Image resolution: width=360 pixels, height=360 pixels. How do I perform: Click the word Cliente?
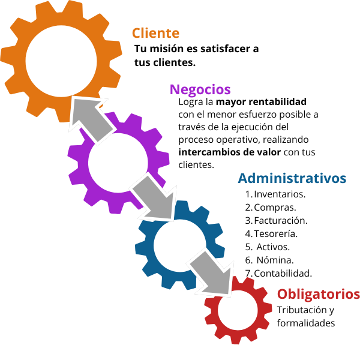tap(155, 33)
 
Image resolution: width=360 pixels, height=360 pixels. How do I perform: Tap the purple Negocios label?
tap(200, 89)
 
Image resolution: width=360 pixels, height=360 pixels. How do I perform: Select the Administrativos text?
tap(292, 178)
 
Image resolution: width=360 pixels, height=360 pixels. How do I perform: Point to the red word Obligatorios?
tap(318, 295)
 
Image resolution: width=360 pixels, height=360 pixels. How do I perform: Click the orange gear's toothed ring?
tap(18, 60)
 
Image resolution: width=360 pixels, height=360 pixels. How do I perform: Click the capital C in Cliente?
tap(137, 33)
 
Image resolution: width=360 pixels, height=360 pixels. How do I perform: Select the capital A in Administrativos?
tap(243, 178)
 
